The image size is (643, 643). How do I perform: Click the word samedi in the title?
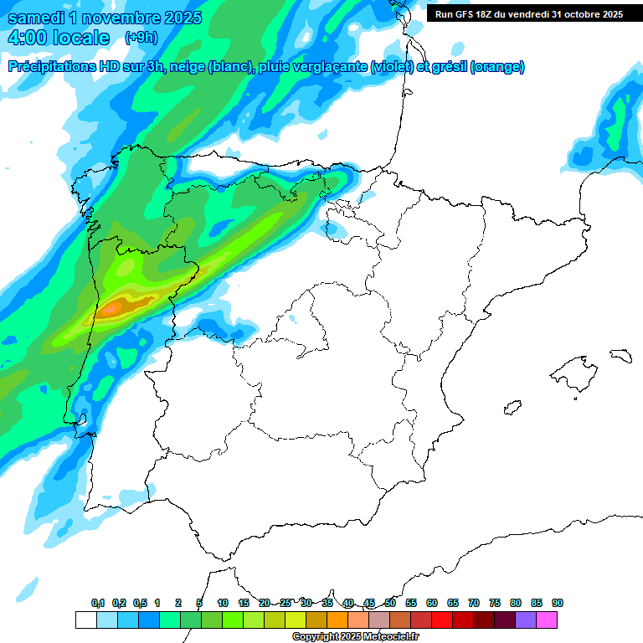pyautogui.click(x=38, y=18)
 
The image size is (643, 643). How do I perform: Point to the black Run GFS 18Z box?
pyautogui.click(x=528, y=14)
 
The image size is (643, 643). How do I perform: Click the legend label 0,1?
pyautogui.click(x=97, y=603)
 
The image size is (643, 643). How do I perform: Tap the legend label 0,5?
pyautogui.click(x=140, y=603)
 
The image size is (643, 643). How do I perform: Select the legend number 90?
pyautogui.click(x=558, y=603)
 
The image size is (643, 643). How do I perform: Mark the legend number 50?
pyautogui.click(x=390, y=603)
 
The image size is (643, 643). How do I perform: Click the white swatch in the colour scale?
pyautogui.click(x=85, y=620)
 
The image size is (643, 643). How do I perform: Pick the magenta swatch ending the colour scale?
pyautogui.click(x=547, y=620)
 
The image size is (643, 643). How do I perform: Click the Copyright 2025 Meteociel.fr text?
pyautogui.click(x=356, y=637)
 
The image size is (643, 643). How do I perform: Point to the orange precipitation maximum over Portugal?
pyautogui.click(x=117, y=307)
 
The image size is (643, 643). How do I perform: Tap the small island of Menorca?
pyautogui.click(x=620, y=355)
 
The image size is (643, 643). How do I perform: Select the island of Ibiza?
pyautogui.click(x=511, y=408)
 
